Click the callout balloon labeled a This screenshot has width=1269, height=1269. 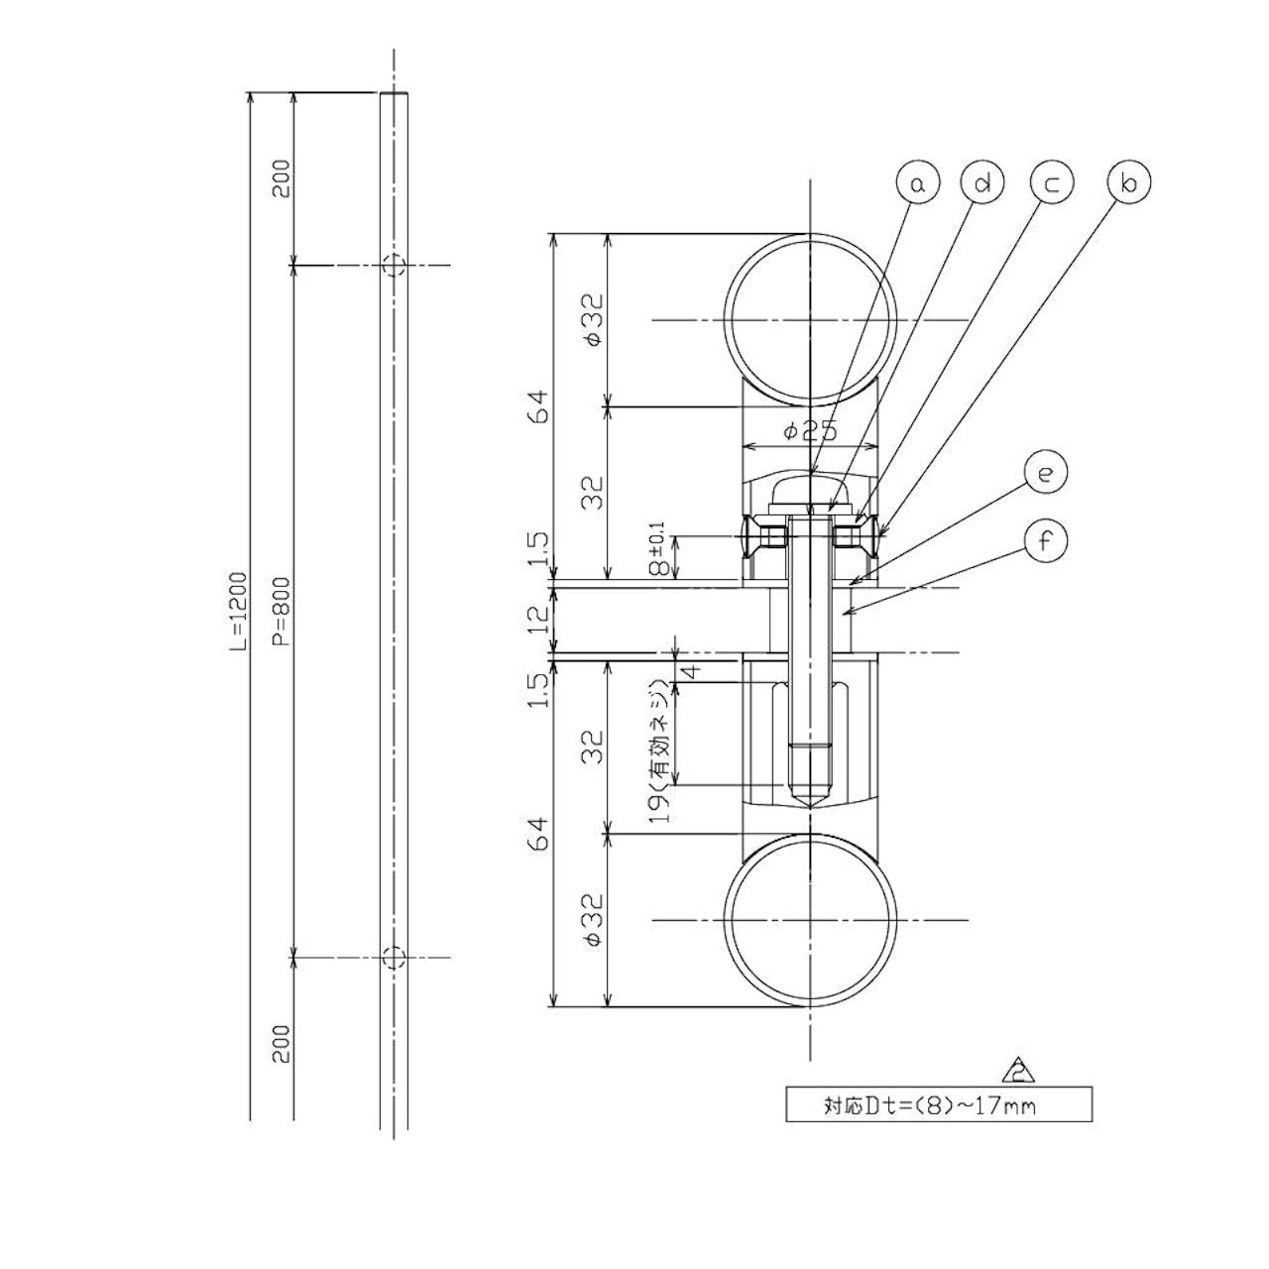(918, 183)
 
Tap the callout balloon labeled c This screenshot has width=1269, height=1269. (1052, 183)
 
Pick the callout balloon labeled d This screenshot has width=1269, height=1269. (982, 183)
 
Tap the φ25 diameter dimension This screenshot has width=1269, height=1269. (809, 431)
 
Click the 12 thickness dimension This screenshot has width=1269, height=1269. (538, 618)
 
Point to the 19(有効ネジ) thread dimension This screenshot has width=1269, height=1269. (660, 750)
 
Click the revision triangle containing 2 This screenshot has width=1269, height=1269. (1018, 1072)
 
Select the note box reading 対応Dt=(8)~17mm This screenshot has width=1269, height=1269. (939, 1104)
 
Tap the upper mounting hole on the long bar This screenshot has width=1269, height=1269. (394, 266)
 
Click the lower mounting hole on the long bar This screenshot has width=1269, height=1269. (394, 958)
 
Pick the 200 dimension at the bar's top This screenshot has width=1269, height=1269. (282, 178)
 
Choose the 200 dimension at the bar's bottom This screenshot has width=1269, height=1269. (282, 1043)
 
